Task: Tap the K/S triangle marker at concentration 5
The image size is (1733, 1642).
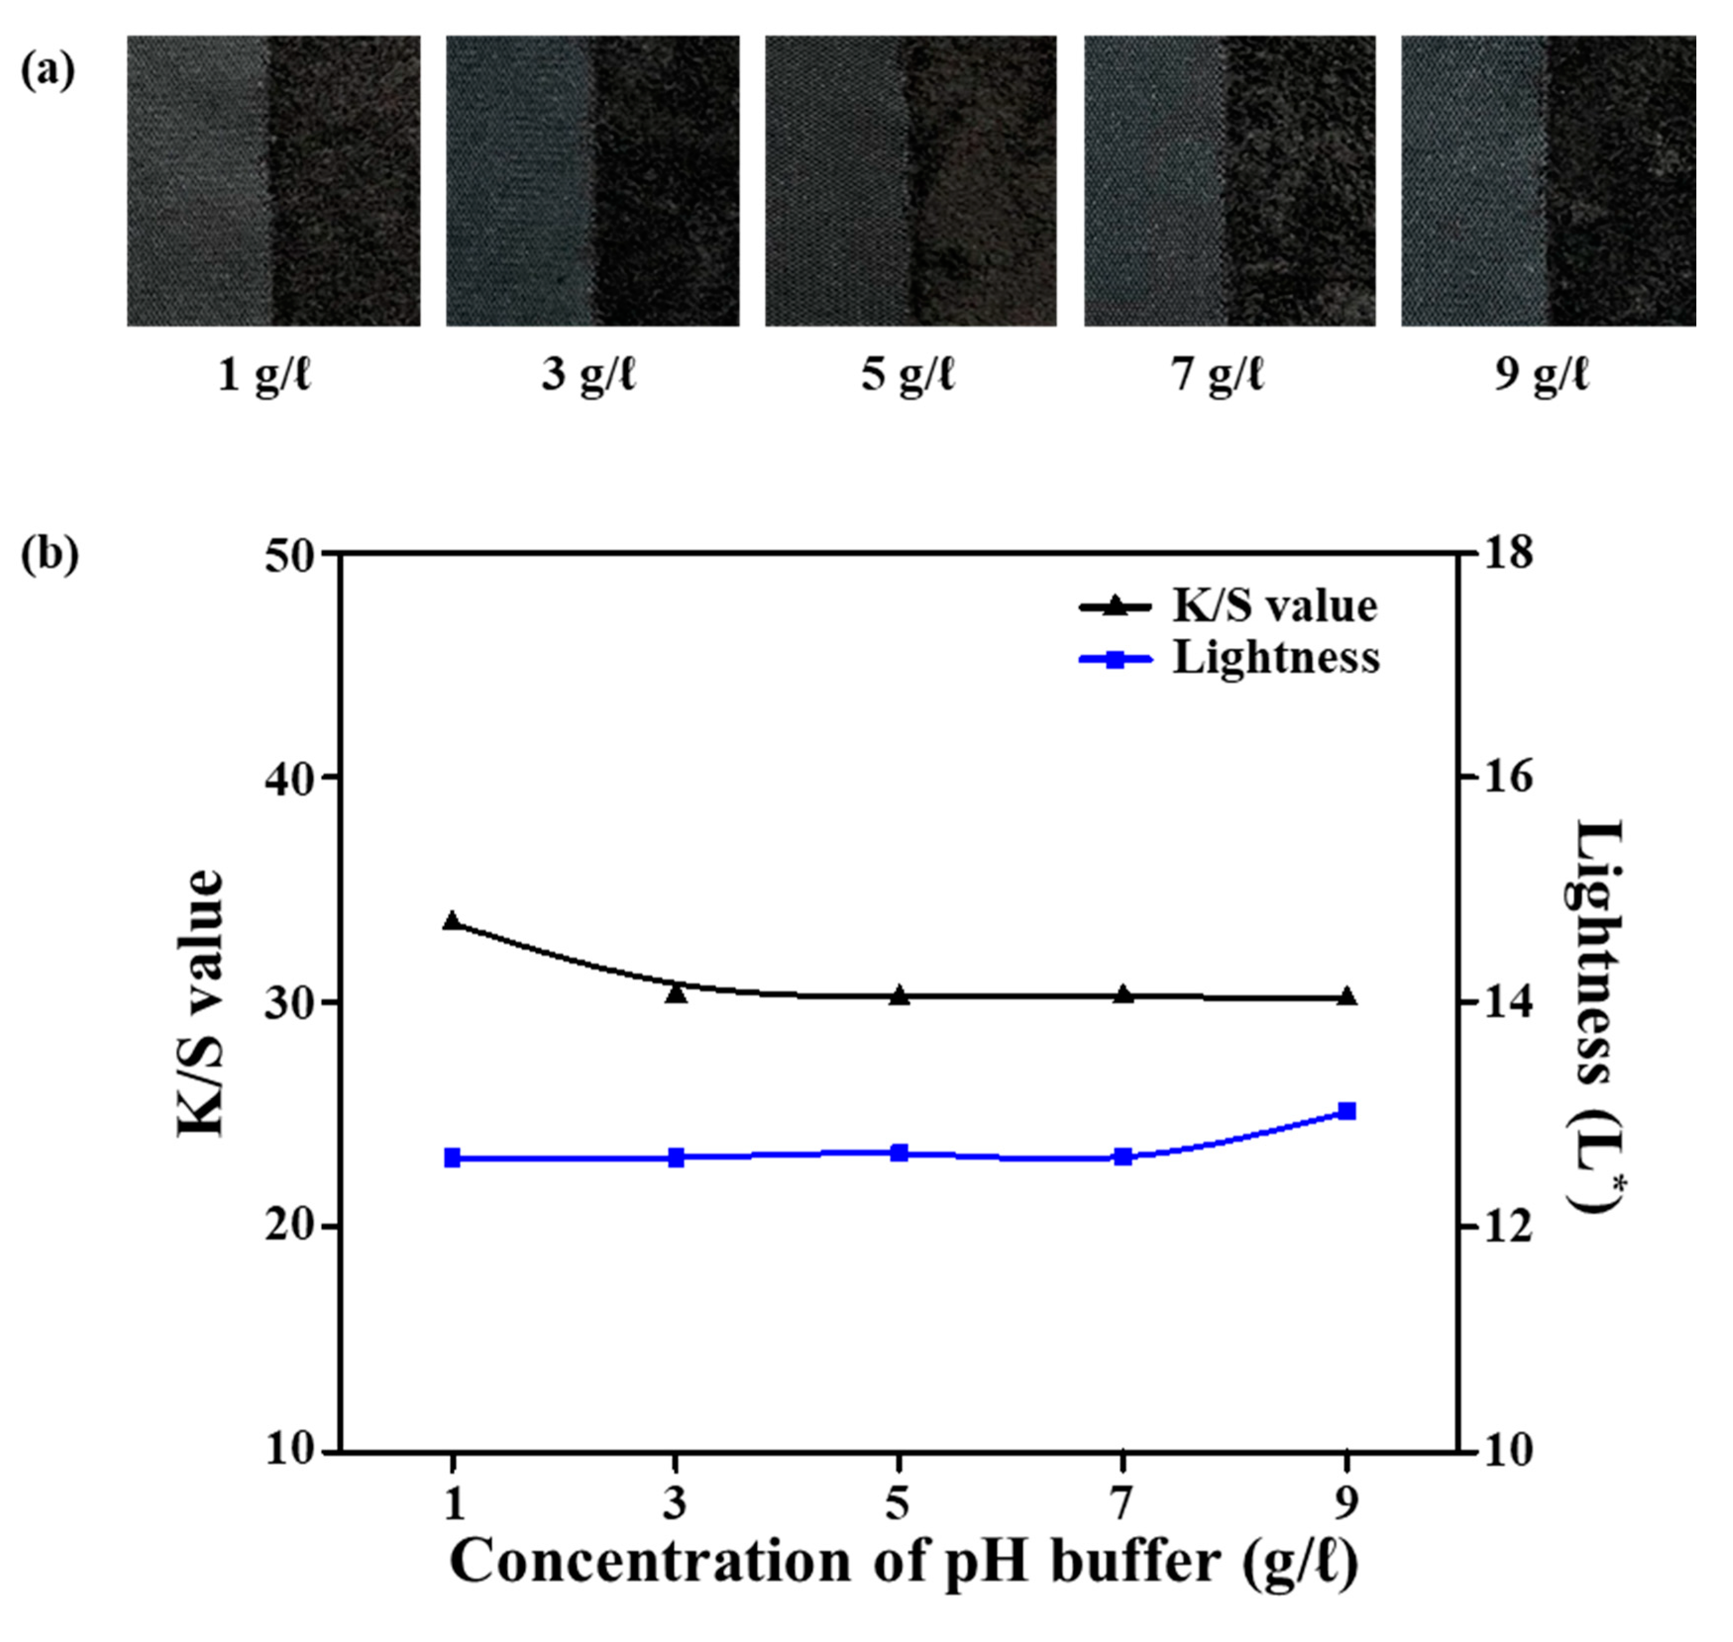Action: (899, 995)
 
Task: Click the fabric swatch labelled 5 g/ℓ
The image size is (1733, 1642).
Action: (911, 181)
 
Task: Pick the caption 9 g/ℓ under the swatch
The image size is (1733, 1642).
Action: (1541, 376)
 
